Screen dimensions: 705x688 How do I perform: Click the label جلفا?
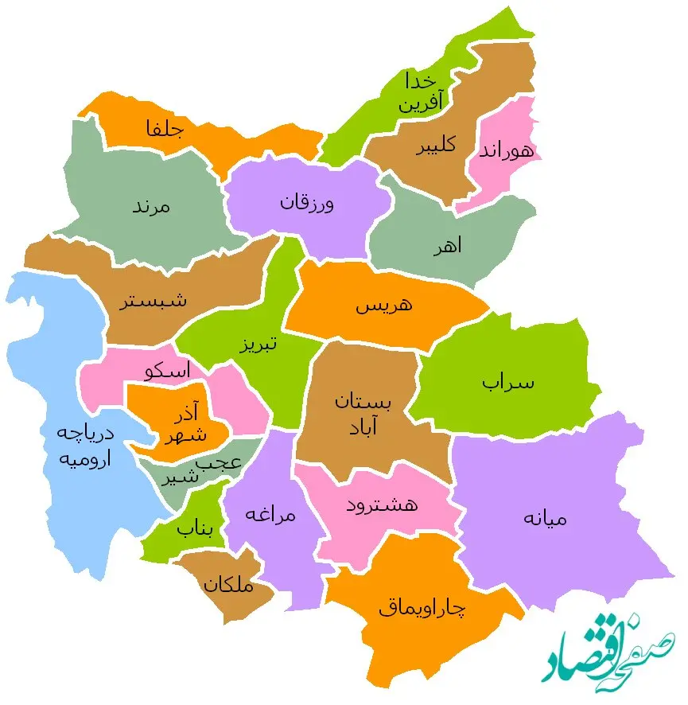coord(165,128)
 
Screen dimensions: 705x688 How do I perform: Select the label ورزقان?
coord(307,202)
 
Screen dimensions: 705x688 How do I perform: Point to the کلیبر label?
coord(436,146)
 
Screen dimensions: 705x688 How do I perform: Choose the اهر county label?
coord(447,246)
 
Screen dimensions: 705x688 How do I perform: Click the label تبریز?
coord(258,345)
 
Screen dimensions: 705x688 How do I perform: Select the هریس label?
coord(384,305)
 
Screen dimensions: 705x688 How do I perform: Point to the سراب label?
coord(508,382)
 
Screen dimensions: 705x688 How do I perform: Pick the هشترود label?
coord(383,504)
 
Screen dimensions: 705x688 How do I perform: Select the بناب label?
coord(196,527)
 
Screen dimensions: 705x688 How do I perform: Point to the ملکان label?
coord(228,586)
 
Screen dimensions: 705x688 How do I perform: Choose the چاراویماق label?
coord(422,609)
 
